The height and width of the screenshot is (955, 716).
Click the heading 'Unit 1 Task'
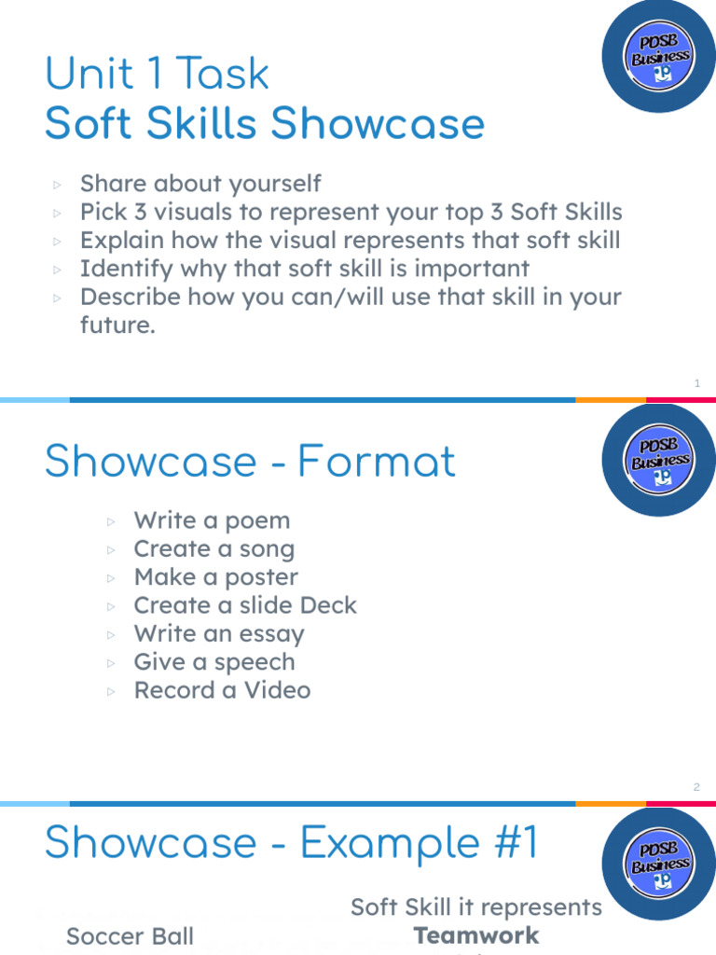pos(158,75)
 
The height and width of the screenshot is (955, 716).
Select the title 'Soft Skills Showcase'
pos(265,124)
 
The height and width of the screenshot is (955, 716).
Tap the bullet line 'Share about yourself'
pos(200,184)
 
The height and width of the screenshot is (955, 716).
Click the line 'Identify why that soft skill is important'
pos(304,269)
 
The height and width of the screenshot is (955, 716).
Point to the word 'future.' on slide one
pos(117,326)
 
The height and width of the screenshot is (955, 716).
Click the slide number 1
pos(697,383)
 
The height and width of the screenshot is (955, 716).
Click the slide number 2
pos(696,787)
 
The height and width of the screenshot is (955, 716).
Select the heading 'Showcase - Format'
pos(250,462)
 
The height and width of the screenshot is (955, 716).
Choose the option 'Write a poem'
pos(212,520)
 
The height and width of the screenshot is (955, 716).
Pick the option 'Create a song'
pos(213,549)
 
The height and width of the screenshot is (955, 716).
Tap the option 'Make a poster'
pos(215,577)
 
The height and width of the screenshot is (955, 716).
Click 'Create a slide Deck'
pos(245,605)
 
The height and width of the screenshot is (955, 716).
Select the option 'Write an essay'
pos(219,634)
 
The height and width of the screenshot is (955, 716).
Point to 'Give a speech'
pos(213,662)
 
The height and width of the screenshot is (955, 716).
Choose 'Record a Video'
pos(222,690)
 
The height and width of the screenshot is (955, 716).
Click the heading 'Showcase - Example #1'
pos(292,843)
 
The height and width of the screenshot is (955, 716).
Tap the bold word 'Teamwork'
pos(476,935)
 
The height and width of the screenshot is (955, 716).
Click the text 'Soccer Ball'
pos(130,936)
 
